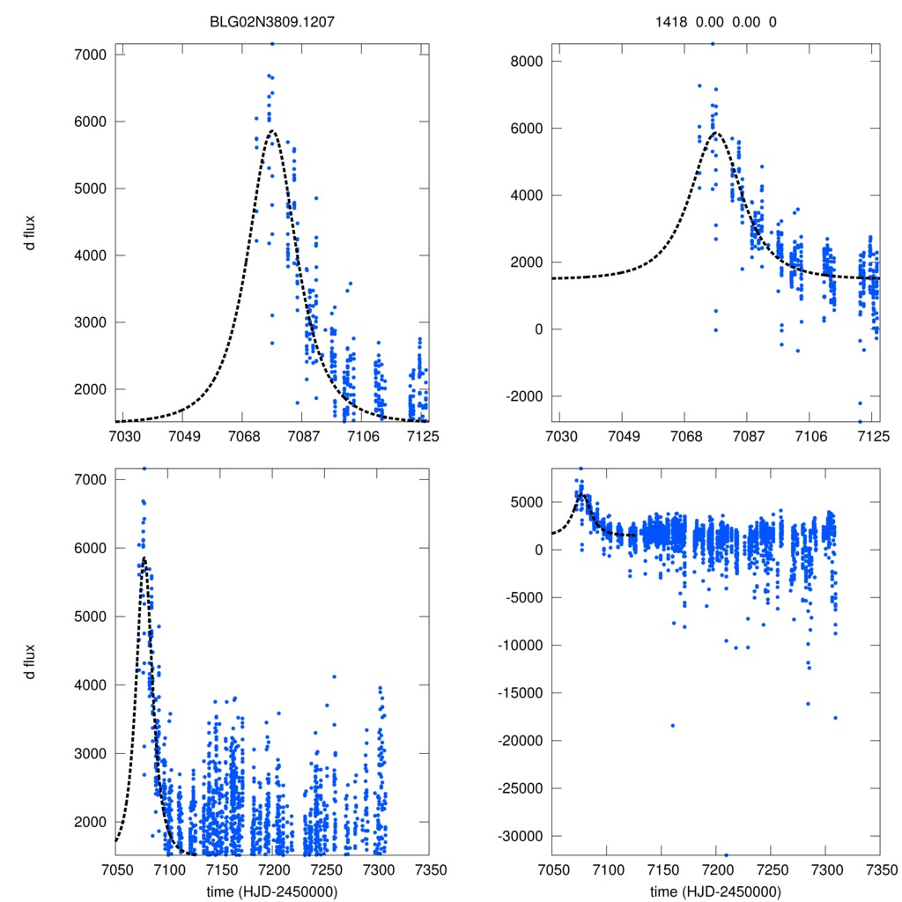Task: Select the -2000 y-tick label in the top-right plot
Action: [x=523, y=396]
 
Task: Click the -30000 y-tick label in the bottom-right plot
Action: [x=520, y=836]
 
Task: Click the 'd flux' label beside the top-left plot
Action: [x=31, y=234]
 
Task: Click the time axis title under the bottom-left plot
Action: [x=272, y=891]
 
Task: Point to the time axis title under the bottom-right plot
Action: [x=715, y=891]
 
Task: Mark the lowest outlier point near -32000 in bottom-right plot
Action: [x=726, y=854]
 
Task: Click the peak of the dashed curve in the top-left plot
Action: [x=271, y=131]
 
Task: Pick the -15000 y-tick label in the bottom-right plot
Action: [x=520, y=693]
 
